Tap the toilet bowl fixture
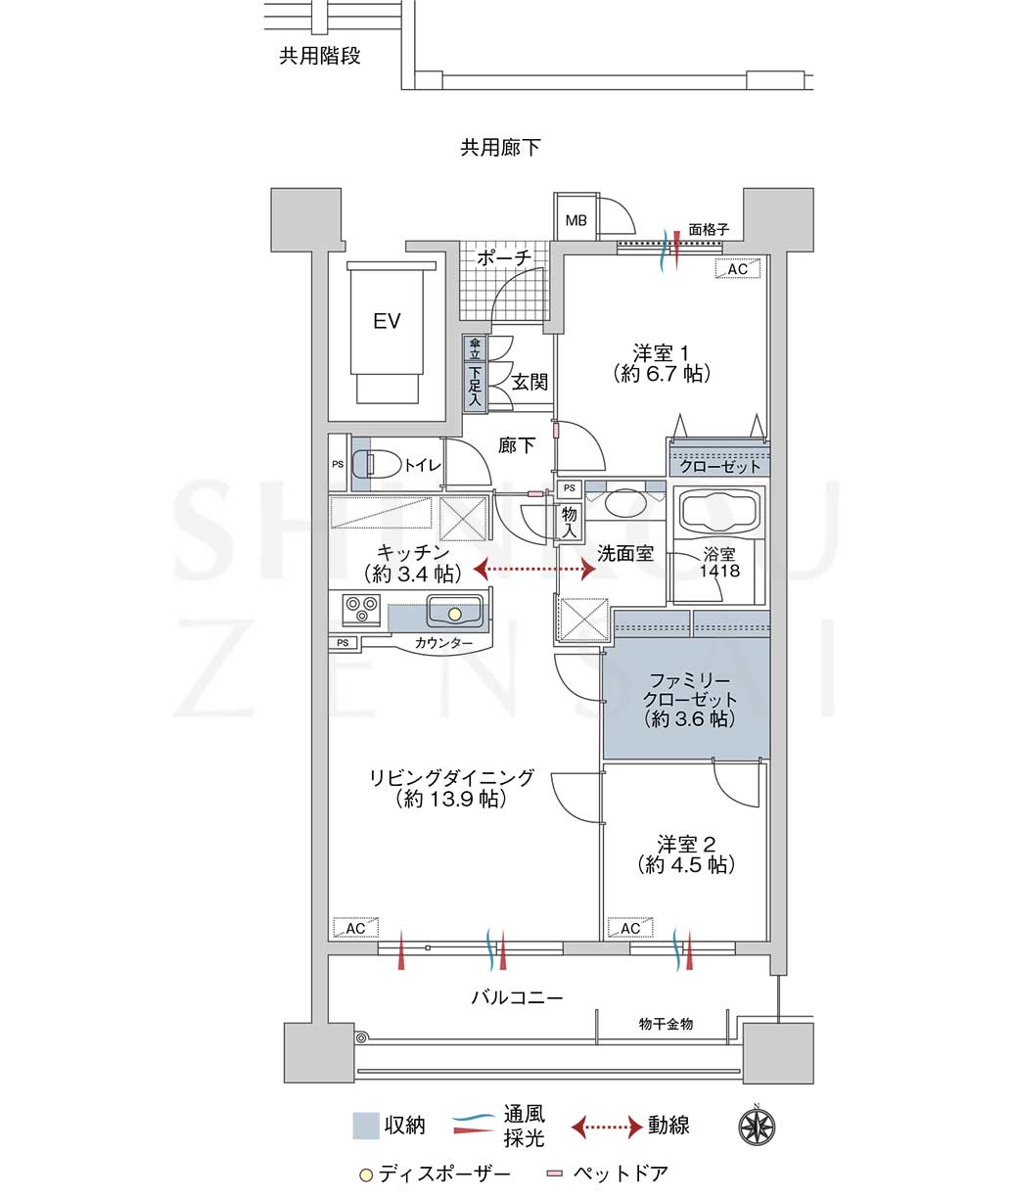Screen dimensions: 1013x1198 click(x=378, y=464)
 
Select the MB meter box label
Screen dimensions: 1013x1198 click(x=576, y=220)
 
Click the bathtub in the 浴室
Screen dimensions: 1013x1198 click(x=719, y=512)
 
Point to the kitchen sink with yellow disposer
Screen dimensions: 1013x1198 click(x=455, y=612)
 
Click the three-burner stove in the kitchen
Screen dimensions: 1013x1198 click(x=361, y=610)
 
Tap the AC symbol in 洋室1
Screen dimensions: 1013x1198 click(x=737, y=269)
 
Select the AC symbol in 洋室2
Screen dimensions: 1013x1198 click(x=630, y=928)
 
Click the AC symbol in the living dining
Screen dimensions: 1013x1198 click(x=356, y=928)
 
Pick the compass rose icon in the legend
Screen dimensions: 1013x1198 click(x=757, y=1127)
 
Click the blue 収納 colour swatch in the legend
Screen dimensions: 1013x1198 click(x=366, y=1126)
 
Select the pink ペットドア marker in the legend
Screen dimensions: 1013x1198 click(x=555, y=1174)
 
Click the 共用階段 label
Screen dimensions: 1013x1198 click(x=320, y=56)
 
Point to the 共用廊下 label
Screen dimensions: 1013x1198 click(x=500, y=147)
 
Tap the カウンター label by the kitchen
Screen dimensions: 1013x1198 click(x=443, y=643)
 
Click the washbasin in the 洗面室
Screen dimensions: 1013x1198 click(x=624, y=502)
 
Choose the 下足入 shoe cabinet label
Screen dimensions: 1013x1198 click(x=475, y=386)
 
